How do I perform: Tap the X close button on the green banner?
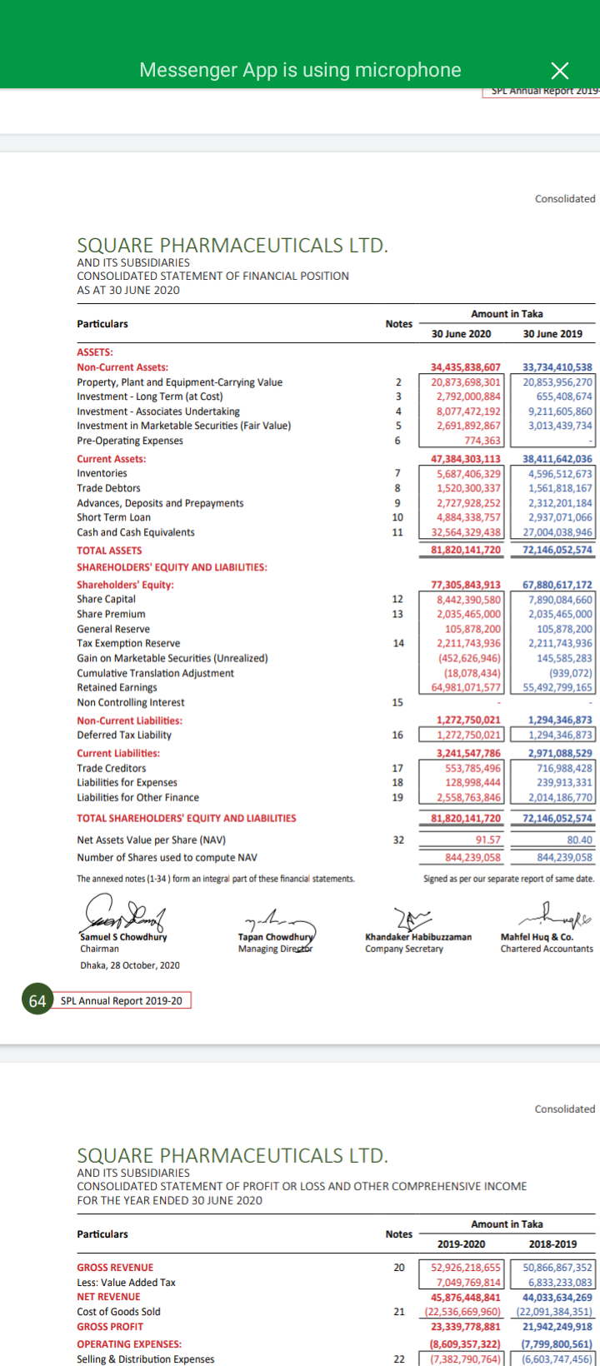click(x=560, y=71)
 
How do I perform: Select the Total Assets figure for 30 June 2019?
click(x=557, y=551)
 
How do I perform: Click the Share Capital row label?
click(x=106, y=599)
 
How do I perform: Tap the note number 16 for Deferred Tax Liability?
click(x=397, y=735)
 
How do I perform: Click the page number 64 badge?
click(x=37, y=1000)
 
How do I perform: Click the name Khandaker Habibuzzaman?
click(x=418, y=937)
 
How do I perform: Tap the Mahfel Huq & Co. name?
click(x=536, y=937)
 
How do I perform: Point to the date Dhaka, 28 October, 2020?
click(x=129, y=965)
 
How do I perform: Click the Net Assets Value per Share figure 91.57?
click(x=487, y=840)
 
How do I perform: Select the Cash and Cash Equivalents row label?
click(x=136, y=532)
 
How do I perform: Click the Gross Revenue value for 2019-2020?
click(x=466, y=1268)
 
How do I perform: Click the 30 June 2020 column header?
click(x=461, y=334)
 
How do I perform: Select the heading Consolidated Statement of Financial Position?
click(x=212, y=276)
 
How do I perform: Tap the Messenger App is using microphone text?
click(x=300, y=70)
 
